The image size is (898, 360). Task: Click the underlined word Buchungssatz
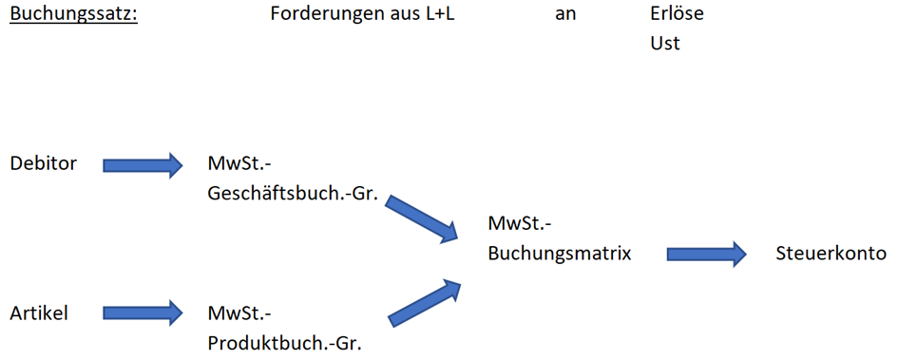[x=73, y=15]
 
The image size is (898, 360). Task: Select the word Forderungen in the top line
[x=321, y=15]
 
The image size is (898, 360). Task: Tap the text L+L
[x=437, y=15]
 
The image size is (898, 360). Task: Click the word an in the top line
[x=565, y=15]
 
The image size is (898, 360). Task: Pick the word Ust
[x=665, y=44]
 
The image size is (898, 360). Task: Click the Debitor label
[x=43, y=163]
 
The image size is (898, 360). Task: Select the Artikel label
[x=39, y=313]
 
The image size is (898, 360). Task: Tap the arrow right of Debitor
[x=142, y=165]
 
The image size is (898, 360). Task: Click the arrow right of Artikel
[x=142, y=312]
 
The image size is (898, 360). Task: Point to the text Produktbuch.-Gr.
[x=284, y=342]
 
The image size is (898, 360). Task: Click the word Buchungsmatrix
[x=560, y=254]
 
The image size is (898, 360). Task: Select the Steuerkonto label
[x=831, y=254]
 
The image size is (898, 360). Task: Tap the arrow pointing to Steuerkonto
[x=706, y=255]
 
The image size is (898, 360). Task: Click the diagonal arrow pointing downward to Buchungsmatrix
[x=422, y=218]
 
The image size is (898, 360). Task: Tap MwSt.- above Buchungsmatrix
[x=520, y=224]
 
